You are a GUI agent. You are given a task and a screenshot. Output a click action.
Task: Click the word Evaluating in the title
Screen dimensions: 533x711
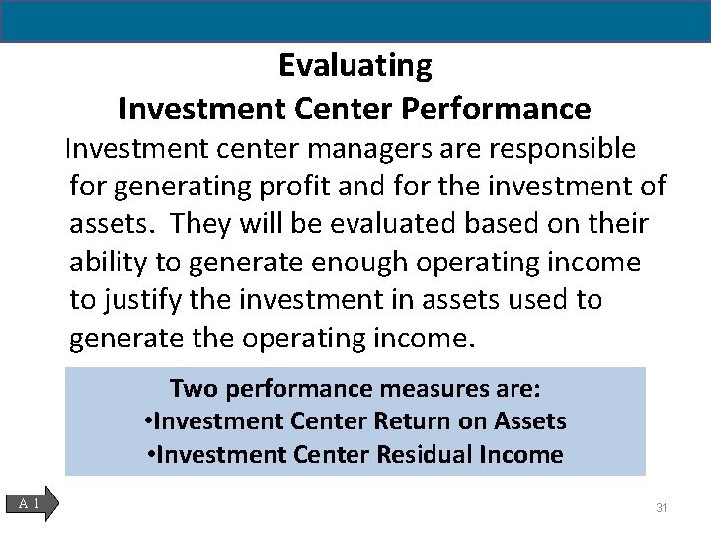point(355,66)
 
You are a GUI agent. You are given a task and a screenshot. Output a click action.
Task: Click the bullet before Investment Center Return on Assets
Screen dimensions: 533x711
point(148,422)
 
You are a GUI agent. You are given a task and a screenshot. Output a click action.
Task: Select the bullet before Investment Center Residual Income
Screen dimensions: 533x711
point(151,455)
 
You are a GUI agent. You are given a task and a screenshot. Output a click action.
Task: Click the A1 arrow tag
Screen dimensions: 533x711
point(37,504)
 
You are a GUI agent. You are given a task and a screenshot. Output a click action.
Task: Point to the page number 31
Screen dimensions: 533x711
point(662,508)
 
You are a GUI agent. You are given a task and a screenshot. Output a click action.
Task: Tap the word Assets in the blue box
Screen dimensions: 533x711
point(531,422)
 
